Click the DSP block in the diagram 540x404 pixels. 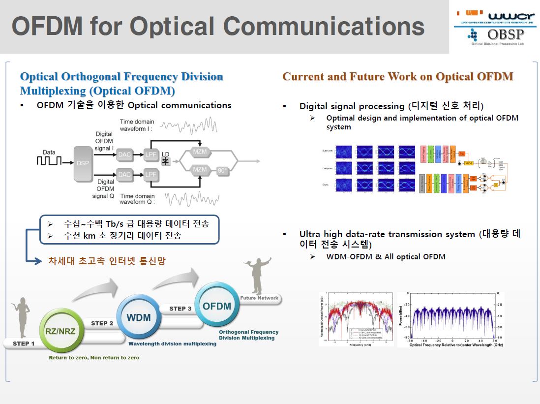click(83, 163)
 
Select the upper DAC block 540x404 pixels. click(124, 155)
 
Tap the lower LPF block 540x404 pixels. click(150, 174)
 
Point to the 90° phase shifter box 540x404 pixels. click(223, 171)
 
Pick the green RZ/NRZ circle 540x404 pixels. click(60, 331)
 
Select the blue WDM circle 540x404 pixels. click(138, 316)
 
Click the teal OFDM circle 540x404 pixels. click(217, 306)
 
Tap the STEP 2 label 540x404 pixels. click(102, 323)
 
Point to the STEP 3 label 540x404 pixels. click(180, 309)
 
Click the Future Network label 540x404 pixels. click(259, 298)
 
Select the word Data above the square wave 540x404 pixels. click(49, 153)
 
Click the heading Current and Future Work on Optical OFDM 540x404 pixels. click(397, 76)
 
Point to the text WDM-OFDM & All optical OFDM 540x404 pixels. click(386, 256)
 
